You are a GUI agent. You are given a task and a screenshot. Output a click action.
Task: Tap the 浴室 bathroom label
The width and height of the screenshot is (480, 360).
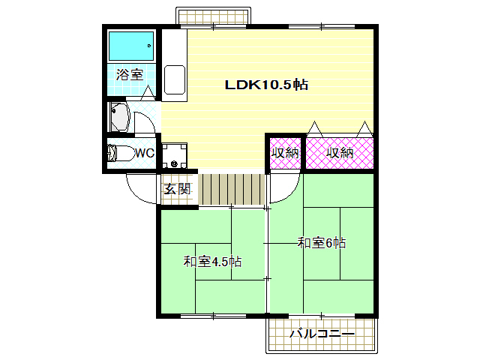tap(129, 75)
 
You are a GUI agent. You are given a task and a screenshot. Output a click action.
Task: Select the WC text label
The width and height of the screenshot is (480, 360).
tap(144, 153)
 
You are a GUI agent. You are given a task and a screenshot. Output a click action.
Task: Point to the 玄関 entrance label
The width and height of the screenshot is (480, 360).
tap(178, 188)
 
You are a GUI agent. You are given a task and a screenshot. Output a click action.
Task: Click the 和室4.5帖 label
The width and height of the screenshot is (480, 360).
tap(213, 262)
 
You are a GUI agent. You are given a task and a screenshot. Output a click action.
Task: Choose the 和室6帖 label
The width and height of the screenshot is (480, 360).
tap(321, 242)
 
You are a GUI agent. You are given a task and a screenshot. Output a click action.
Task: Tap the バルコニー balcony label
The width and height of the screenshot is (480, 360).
tap(321, 334)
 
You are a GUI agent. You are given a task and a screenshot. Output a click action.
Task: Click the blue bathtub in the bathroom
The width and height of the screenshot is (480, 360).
tap(130, 46)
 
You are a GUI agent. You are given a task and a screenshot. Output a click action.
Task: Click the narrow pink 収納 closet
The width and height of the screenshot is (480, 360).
tap(285, 153)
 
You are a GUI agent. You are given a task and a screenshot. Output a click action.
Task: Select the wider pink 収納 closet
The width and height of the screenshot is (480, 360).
tap(339, 153)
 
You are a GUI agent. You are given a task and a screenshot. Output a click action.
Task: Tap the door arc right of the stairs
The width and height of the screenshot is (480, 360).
tap(283, 188)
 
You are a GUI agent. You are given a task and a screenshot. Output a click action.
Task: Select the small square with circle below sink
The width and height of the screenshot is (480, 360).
tap(174, 156)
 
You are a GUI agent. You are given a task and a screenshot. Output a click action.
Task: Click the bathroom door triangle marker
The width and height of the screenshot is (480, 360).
tap(148, 92)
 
